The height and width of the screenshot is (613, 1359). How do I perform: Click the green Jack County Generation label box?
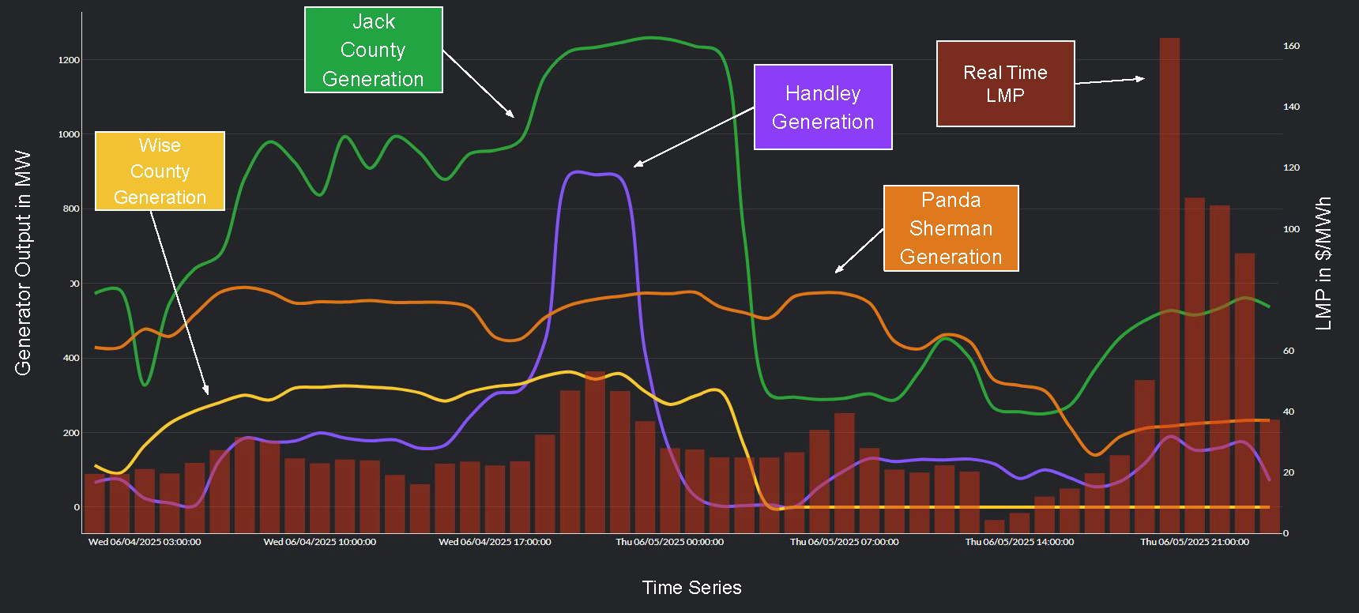coord(373,50)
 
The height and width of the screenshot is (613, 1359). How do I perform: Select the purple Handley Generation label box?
coord(823,107)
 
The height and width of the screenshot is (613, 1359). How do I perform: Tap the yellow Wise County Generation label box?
coord(160,171)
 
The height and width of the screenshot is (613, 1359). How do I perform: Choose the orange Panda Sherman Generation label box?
coord(951,228)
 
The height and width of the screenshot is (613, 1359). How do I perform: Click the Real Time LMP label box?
coord(1005,84)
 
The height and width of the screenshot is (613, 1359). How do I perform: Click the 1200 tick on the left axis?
coord(69,60)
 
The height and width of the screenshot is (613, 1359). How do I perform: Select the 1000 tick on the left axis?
coord(69,134)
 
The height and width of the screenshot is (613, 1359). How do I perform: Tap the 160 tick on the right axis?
coord(1291,46)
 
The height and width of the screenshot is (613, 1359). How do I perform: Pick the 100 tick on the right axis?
coord(1291,229)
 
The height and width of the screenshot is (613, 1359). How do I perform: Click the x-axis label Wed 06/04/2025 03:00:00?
coord(145,542)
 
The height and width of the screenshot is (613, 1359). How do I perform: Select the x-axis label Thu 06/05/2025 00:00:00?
coord(669,542)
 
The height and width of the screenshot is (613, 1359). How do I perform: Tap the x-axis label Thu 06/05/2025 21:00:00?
coord(1194,542)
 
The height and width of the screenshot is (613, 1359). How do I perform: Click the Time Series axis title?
coord(691,588)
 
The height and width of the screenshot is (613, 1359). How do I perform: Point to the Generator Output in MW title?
coord(23,263)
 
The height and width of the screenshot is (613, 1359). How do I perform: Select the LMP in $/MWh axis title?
coord(1323,263)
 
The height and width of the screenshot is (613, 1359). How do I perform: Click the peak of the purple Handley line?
coord(577,171)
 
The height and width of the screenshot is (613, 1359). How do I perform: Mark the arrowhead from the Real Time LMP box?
coord(1142,78)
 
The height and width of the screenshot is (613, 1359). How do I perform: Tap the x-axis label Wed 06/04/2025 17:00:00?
coord(495,542)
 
